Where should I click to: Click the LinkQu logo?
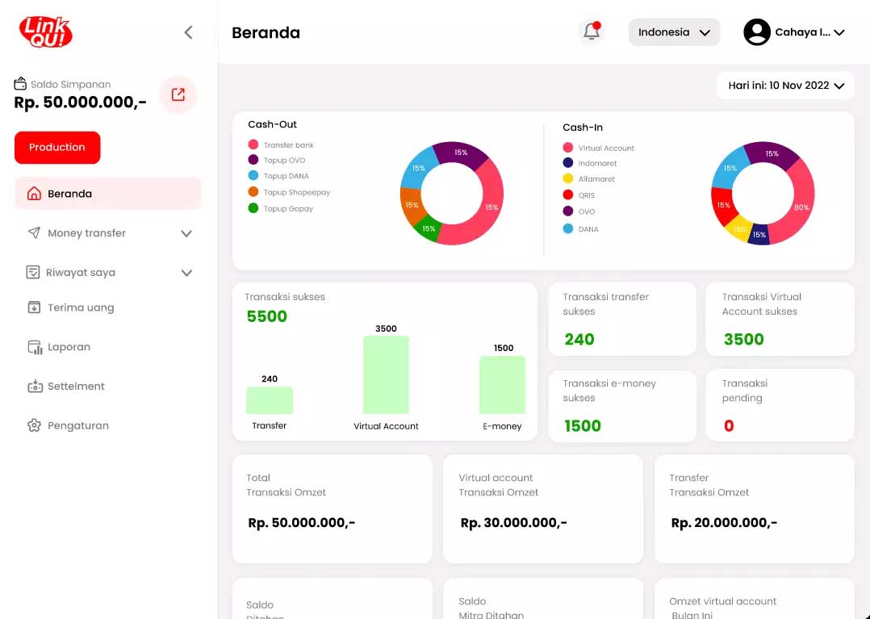(46, 32)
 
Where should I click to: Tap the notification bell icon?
(592, 32)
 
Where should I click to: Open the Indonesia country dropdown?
(674, 32)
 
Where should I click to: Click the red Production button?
(57, 148)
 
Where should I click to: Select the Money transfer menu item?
(86, 233)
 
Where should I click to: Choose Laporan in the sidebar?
(69, 347)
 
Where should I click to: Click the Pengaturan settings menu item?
(77, 425)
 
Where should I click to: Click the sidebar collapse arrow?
(188, 32)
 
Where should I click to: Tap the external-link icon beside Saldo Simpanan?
(178, 94)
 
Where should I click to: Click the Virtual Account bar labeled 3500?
(386, 374)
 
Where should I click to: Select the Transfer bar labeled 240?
(270, 400)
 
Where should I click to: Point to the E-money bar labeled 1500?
(502, 385)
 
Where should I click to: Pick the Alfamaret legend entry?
(596, 179)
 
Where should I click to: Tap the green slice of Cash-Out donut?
(429, 229)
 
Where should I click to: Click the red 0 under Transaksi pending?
(729, 426)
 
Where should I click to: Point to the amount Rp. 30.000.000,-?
(513, 523)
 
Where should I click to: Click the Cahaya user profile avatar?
(756, 32)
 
